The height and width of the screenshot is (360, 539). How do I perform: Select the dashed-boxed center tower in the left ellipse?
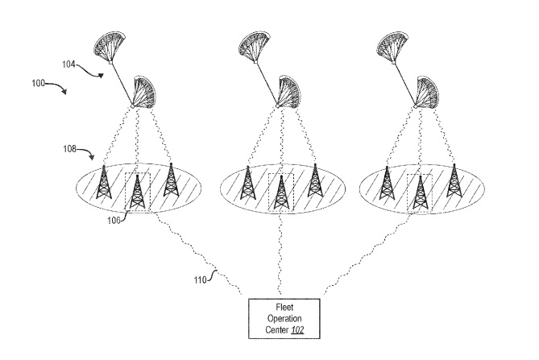click(x=137, y=192)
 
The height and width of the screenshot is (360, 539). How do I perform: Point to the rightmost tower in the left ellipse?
click(x=170, y=180)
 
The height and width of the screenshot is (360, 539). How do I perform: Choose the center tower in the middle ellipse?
click(x=280, y=192)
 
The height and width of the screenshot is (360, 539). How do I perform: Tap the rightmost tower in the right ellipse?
click(x=454, y=180)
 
